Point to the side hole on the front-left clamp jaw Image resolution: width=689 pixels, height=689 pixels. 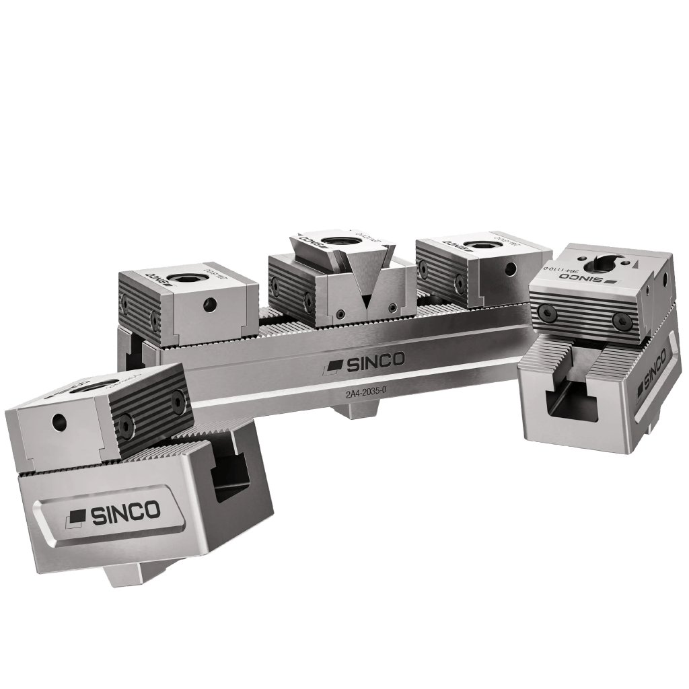point(59,422)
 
